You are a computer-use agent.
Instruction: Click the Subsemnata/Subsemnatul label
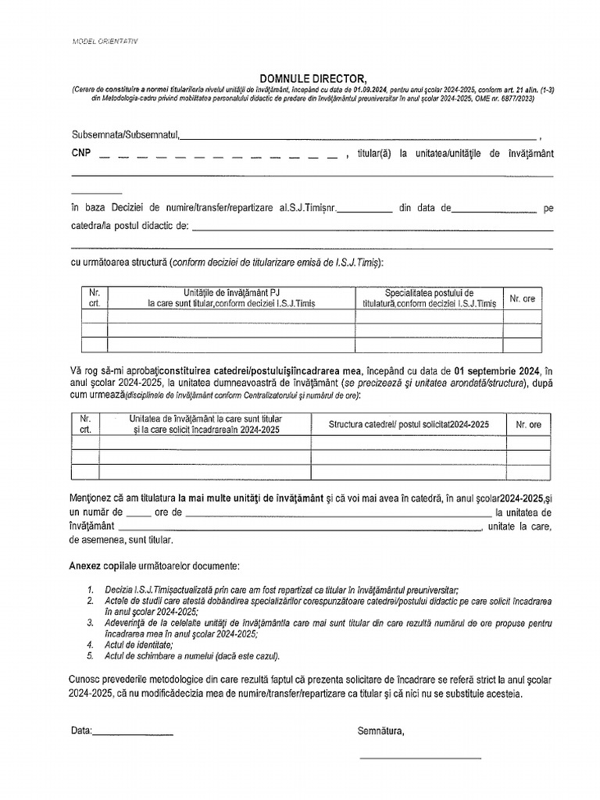coord(125,136)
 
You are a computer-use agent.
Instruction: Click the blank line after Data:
coord(133,731)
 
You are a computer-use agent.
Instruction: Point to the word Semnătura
coord(381,730)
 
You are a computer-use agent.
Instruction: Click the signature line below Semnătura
coord(420,757)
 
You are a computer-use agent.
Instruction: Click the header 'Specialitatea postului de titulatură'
coord(429,298)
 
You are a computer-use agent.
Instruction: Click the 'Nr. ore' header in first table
coord(522,298)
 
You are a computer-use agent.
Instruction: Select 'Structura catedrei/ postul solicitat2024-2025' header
coord(409,424)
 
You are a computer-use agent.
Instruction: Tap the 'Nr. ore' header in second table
coord(528,424)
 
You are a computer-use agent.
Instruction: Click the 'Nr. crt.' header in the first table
coord(95,298)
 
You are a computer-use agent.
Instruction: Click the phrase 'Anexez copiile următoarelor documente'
coord(155,564)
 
